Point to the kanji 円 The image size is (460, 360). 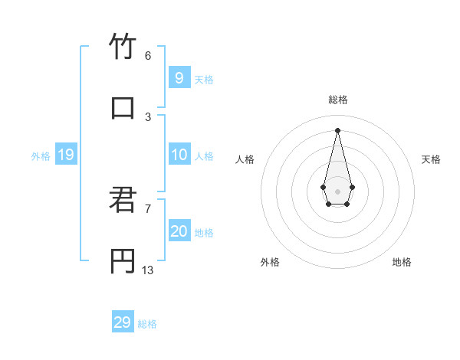pyautogui.click(x=122, y=261)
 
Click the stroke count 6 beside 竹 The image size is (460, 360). pyautogui.click(x=147, y=56)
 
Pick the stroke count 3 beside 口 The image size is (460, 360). pyautogui.click(x=147, y=116)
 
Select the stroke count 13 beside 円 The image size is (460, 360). pyautogui.click(x=148, y=270)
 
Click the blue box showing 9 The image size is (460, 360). pyautogui.click(x=179, y=78)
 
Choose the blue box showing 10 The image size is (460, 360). pyautogui.click(x=179, y=155)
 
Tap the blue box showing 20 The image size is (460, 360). pyautogui.click(x=179, y=231)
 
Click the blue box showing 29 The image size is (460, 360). pyautogui.click(x=122, y=322)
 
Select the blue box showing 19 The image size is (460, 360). pyautogui.click(x=65, y=155)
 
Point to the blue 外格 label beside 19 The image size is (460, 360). pyautogui.click(x=41, y=156)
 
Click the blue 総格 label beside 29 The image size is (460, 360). pyautogui.click(x=147, y=324)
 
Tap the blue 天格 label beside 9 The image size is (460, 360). pyautogui.click(x=204, y=80)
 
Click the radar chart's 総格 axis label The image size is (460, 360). pyautogui.click(x=337, y=100)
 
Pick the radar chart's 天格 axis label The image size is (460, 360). pyautogui.click(x=431, y=159)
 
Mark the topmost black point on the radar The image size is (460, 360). pyautogui.click(x=337, y=129)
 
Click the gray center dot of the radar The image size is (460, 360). pyautogui.click(x=337, y=191)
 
